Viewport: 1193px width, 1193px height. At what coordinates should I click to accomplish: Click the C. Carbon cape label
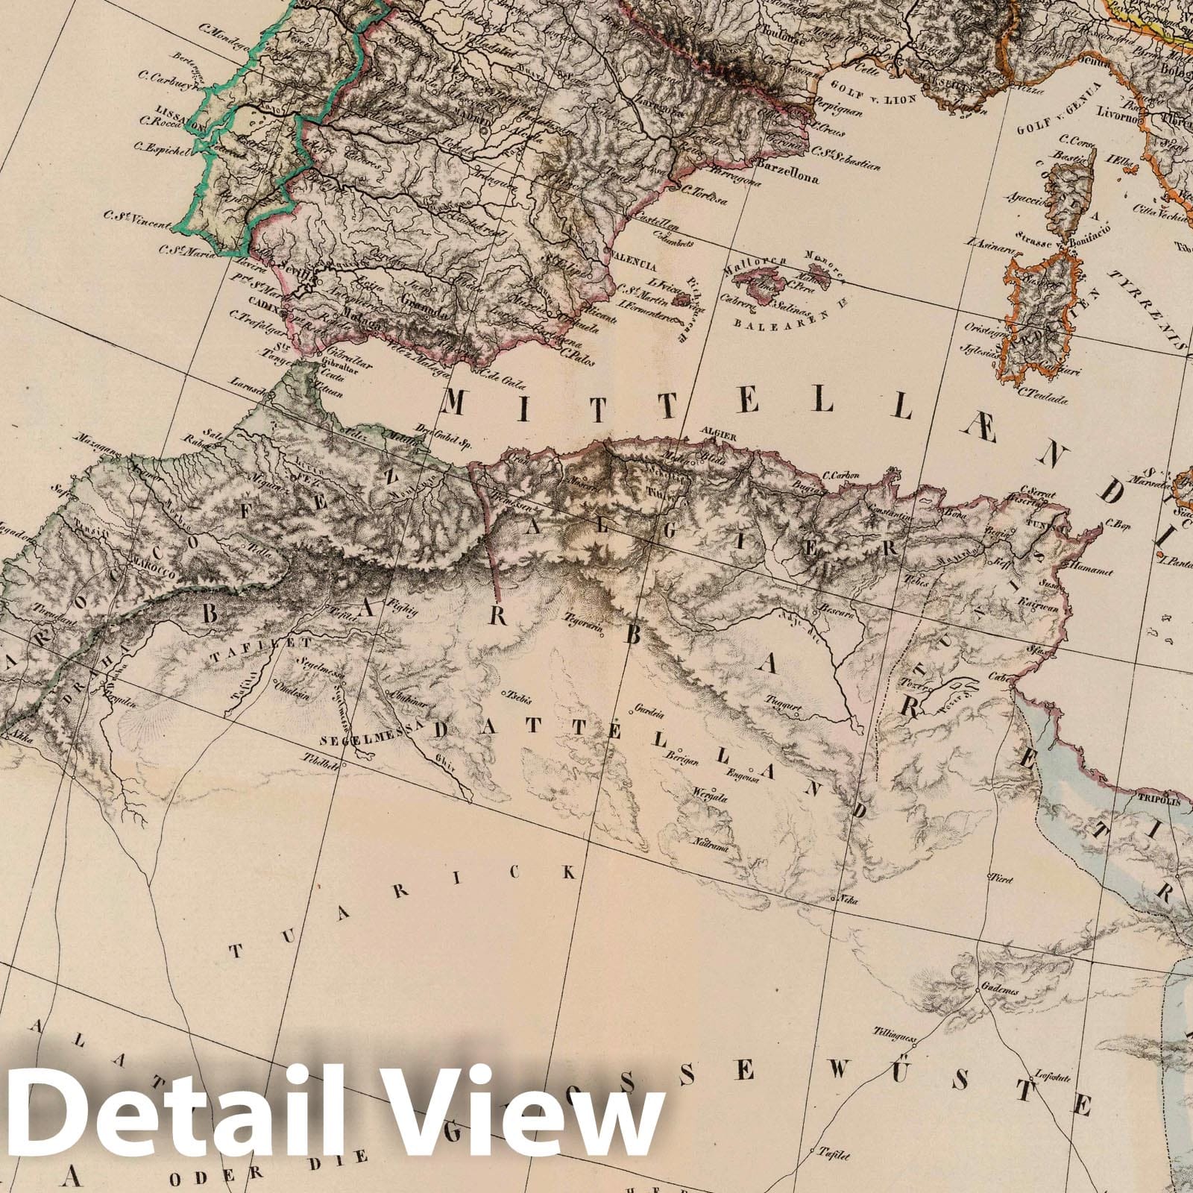point(841,475)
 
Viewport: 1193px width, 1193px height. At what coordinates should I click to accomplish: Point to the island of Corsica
point(1073,190)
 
